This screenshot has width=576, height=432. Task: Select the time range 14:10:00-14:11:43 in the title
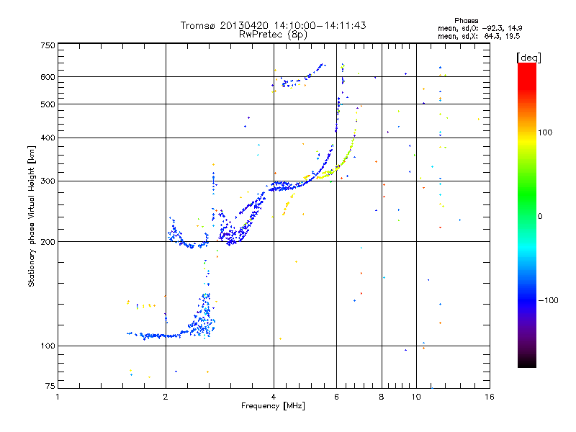320,25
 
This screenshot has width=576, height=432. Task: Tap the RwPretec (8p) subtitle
273,35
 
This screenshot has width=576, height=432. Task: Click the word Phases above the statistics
466,21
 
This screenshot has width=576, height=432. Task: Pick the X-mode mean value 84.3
491,36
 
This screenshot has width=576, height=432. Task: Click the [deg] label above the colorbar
528,58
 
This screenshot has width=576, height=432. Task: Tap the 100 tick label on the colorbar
545,132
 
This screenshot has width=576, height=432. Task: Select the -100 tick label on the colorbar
548,300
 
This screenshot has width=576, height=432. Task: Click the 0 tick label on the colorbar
540,217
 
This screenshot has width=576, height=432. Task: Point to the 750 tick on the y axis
48,45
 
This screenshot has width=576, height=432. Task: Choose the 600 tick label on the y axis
48,77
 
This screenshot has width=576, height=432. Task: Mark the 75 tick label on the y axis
50,386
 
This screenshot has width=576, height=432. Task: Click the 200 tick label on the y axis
48,242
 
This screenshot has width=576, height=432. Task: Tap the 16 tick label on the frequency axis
490,397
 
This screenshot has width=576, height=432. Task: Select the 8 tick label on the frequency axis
382,397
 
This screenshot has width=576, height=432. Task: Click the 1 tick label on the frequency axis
58,397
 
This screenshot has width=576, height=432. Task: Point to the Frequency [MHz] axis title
273,406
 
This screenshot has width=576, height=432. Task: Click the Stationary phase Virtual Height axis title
31,217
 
